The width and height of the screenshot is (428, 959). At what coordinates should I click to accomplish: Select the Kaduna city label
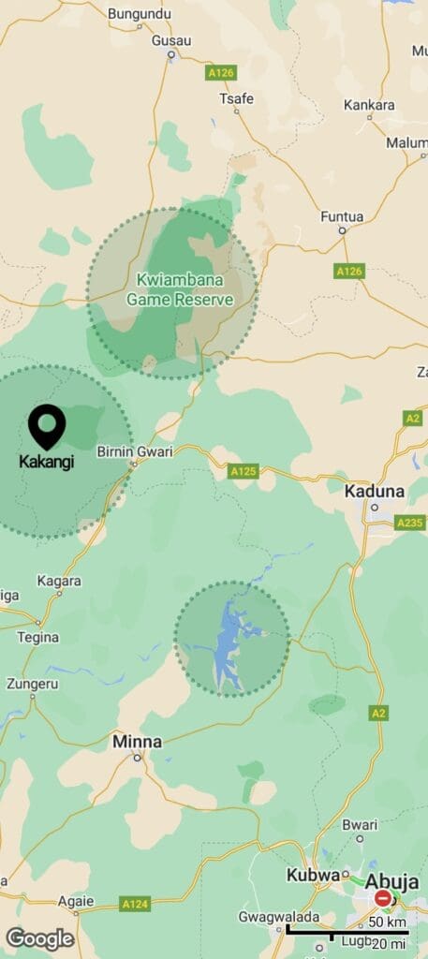point(375,491)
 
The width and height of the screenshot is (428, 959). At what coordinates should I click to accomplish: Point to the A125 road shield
point(243,471)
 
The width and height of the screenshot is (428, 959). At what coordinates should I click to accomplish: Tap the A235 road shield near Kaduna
point(409,523)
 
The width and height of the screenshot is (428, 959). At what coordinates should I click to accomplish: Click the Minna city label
point(137,742)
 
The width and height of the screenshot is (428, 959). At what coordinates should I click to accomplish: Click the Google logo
point(39,938)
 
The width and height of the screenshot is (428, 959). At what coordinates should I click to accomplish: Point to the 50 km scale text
point(387,922)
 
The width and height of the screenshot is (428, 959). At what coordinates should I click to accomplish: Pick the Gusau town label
point(171,40)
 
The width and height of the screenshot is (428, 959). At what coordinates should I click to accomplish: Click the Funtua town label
point(342,216)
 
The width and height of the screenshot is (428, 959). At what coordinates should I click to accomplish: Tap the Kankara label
point(369,105)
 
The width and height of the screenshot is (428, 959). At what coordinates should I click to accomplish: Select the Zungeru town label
point(32,684)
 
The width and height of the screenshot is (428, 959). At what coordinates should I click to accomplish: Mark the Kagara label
point(59,581)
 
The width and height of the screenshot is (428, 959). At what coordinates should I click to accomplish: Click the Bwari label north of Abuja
point(360,825)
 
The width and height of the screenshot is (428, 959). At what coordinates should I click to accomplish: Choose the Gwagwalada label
point(278,917)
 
